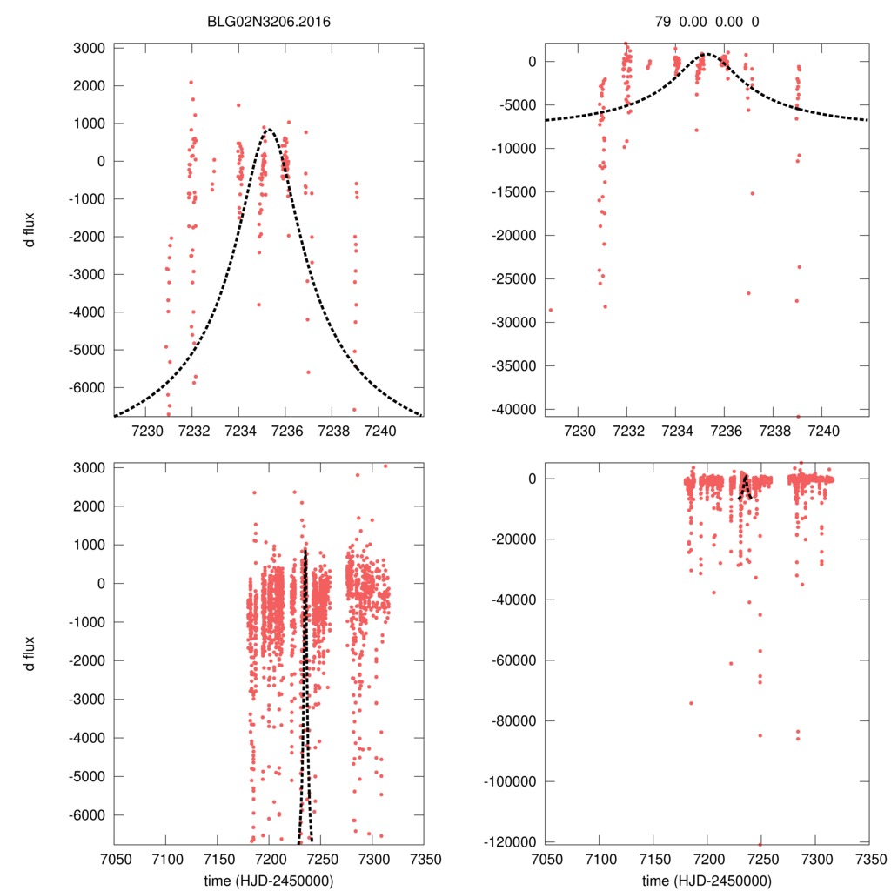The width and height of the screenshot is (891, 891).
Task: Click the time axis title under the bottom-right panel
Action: tap(707, 880)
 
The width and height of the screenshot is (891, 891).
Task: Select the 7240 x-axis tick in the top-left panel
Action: tap(380, 431)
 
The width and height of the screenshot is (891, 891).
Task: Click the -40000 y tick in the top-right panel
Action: tap(514, 409)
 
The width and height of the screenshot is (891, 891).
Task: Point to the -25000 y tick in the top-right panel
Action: tap(514, 278)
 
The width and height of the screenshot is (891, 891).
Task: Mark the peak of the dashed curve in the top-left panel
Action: tap(268, 130)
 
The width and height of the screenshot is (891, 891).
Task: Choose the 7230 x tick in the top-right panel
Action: tap(579, 431)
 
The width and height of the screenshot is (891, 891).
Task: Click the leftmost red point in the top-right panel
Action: tap(550, 310)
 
